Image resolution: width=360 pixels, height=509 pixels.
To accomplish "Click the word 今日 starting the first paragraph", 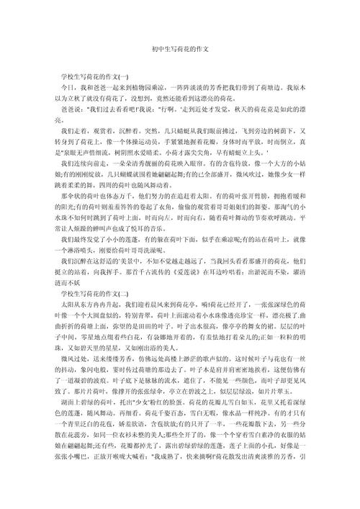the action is pos(66,86).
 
